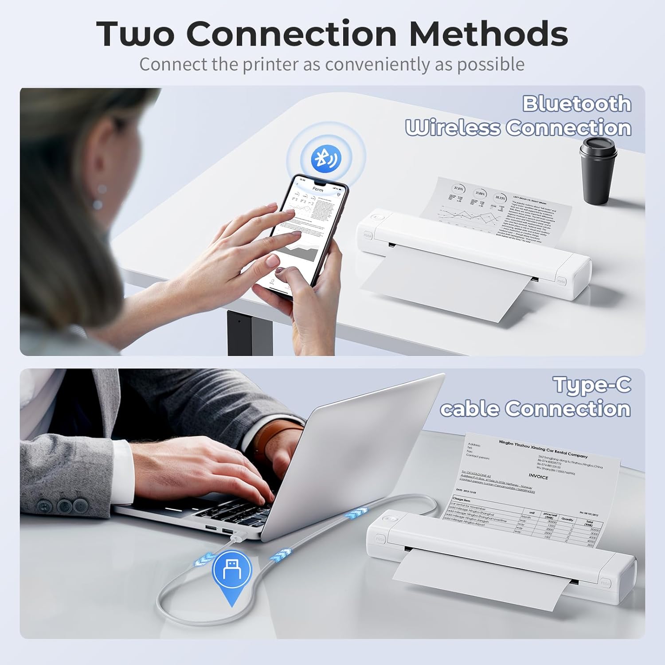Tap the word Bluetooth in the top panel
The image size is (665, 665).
click(x=576, y=104)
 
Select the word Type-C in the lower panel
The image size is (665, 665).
click(x=592, y=384)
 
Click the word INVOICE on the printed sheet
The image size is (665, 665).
click(x=538, y=477)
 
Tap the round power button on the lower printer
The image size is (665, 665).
click(x=390, y=519)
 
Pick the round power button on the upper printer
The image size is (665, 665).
click(x=377, y=218)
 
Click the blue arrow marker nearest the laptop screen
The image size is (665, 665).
click(x=356, y=513)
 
